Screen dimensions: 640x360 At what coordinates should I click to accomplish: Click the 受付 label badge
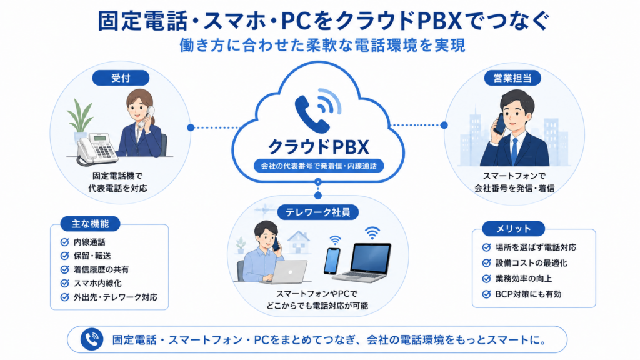click(x=121, y=78)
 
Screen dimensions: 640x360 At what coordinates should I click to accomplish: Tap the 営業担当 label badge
click(x=512, y=78)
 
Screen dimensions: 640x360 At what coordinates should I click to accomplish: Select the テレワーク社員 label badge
click(x=318, y=212)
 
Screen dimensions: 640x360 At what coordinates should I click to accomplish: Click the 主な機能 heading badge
click(x=90, y=224)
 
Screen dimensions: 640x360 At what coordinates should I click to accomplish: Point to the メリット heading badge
click(x=514, y=229)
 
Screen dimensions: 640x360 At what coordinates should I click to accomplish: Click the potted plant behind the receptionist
click(x=81, y=121)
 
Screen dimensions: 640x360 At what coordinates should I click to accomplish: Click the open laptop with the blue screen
click(x=362, y=262)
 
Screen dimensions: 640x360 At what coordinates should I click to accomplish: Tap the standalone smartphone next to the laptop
click(x=332, y=261)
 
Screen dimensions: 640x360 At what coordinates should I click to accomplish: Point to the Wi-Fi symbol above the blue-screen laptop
click(x=372, y=233)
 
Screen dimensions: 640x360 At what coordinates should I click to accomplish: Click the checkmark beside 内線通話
click(x=64, y=242)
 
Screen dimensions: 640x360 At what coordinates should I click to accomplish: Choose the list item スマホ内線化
click(x=97, y=284)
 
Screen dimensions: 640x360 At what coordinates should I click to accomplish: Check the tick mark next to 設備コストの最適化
click(x=486, y=263)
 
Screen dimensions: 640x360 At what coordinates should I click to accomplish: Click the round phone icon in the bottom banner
click(x=92, y=339)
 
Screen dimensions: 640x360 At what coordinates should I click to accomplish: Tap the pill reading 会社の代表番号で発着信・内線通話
click(x=319, y=166)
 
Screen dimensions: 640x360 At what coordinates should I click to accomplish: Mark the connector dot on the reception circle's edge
click(x=191, y=127)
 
